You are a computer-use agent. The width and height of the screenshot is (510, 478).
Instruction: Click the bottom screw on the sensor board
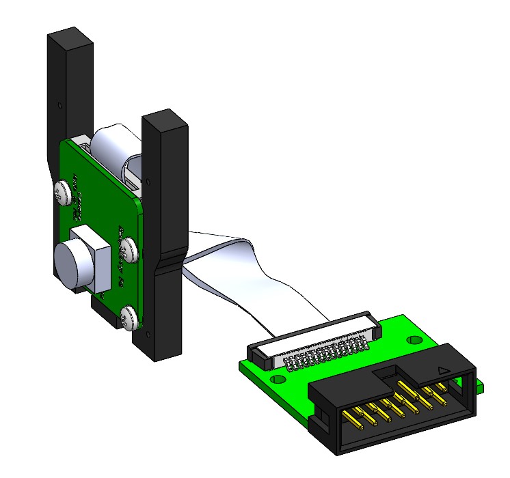[x=128, y=315]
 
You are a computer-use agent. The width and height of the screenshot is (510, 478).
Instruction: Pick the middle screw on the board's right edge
[x=129, y=249]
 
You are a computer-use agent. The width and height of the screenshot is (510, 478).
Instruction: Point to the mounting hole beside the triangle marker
[x=412, y=339]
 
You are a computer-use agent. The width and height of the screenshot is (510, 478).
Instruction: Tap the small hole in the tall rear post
[x=59, y=106]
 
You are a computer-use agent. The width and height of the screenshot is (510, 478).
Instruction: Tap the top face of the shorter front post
[x=164, y=117]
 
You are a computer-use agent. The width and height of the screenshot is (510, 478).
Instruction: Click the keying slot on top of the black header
[x=387, y=371]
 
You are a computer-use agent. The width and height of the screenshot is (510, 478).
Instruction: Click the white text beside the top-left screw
[x=79, y=198]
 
